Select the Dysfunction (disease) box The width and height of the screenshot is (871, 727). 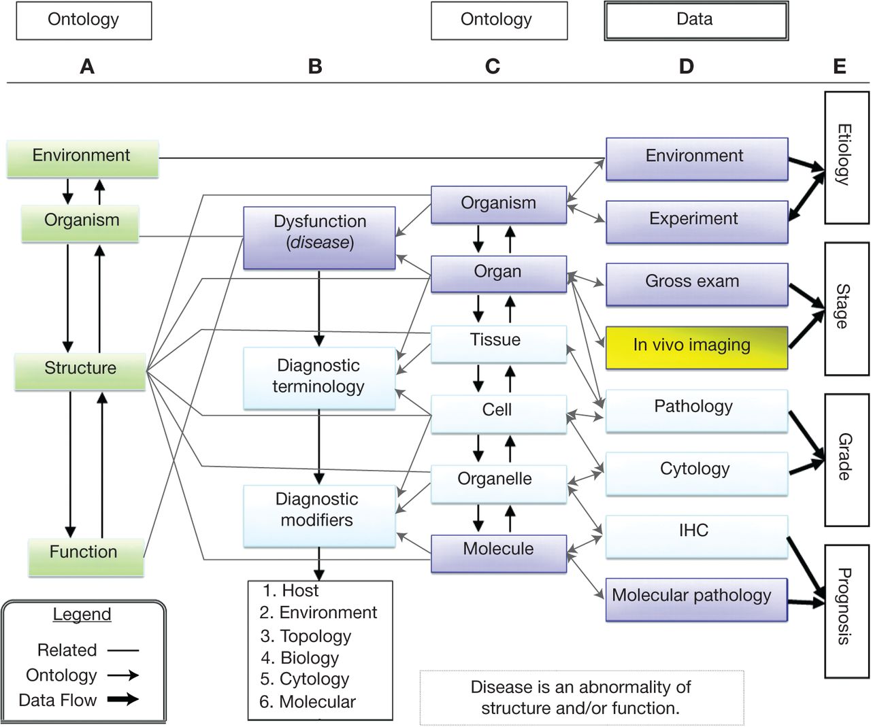(319, 237)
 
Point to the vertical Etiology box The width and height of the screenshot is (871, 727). (846, 158)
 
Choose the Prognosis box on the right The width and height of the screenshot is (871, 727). (846, 611)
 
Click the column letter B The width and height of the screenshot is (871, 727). (315, 67)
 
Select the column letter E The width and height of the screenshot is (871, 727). (839, 67)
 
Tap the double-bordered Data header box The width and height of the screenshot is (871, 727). (695, 20)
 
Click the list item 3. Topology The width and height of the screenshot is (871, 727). (306, 636)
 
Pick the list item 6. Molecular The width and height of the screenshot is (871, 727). (308, 701)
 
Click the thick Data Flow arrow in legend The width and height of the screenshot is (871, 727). (123, 699)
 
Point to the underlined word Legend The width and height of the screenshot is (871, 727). (82, 614)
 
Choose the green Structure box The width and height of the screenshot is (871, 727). (80, 371)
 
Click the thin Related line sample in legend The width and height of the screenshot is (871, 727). (123, 650)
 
